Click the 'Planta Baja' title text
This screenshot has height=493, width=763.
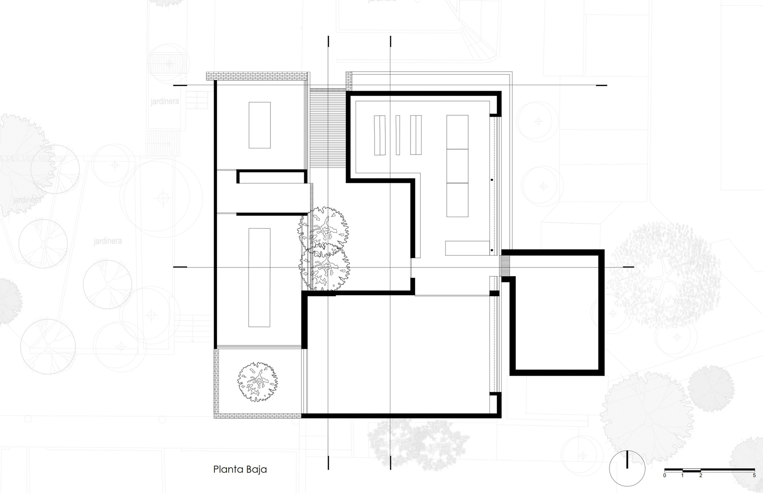[240, 469]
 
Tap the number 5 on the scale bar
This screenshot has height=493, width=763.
[754, 475]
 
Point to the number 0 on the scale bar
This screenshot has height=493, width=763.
[665, 475]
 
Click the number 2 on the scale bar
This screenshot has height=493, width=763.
[700, 475]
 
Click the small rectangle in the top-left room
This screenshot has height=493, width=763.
[259, 125]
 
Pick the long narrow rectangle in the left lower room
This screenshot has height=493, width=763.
[259, 277]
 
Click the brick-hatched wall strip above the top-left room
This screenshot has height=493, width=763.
[256, 76]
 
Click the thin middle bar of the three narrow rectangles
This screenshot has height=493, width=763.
[398, 135]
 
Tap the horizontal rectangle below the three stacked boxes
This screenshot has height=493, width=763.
[467, 248]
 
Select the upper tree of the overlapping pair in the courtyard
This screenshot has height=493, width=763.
[324, 227]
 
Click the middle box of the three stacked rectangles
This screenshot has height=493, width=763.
[457, 166]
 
